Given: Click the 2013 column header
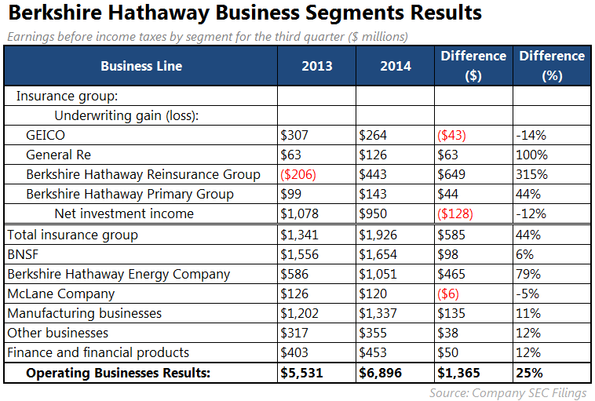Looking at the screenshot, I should (316, 66).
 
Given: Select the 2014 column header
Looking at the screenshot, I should (395, 66).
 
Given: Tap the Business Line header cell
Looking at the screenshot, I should (141, 66).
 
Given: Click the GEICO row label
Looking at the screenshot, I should (45, 135).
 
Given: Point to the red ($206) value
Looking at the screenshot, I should (298, 174).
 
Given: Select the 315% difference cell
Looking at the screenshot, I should (532, 174).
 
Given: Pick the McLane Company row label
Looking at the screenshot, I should (60, 293).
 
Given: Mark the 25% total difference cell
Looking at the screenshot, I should (530, 373).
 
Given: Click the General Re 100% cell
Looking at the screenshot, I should (532, 155).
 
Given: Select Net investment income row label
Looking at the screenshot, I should (124, 213).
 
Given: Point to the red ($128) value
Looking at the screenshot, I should (456, 213).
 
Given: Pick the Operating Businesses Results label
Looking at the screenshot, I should (118, 373).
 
